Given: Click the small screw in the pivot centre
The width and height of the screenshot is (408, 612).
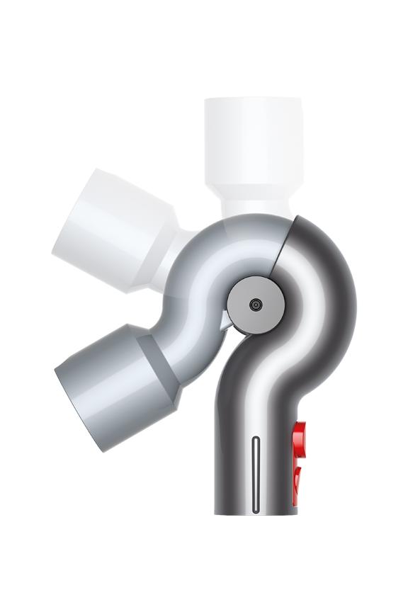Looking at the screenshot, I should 255,305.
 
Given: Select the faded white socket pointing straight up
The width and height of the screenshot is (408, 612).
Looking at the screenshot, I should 253,142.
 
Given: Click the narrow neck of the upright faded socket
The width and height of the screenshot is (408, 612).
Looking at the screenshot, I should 253,203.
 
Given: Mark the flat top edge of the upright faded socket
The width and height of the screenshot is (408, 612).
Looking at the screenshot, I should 253,99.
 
